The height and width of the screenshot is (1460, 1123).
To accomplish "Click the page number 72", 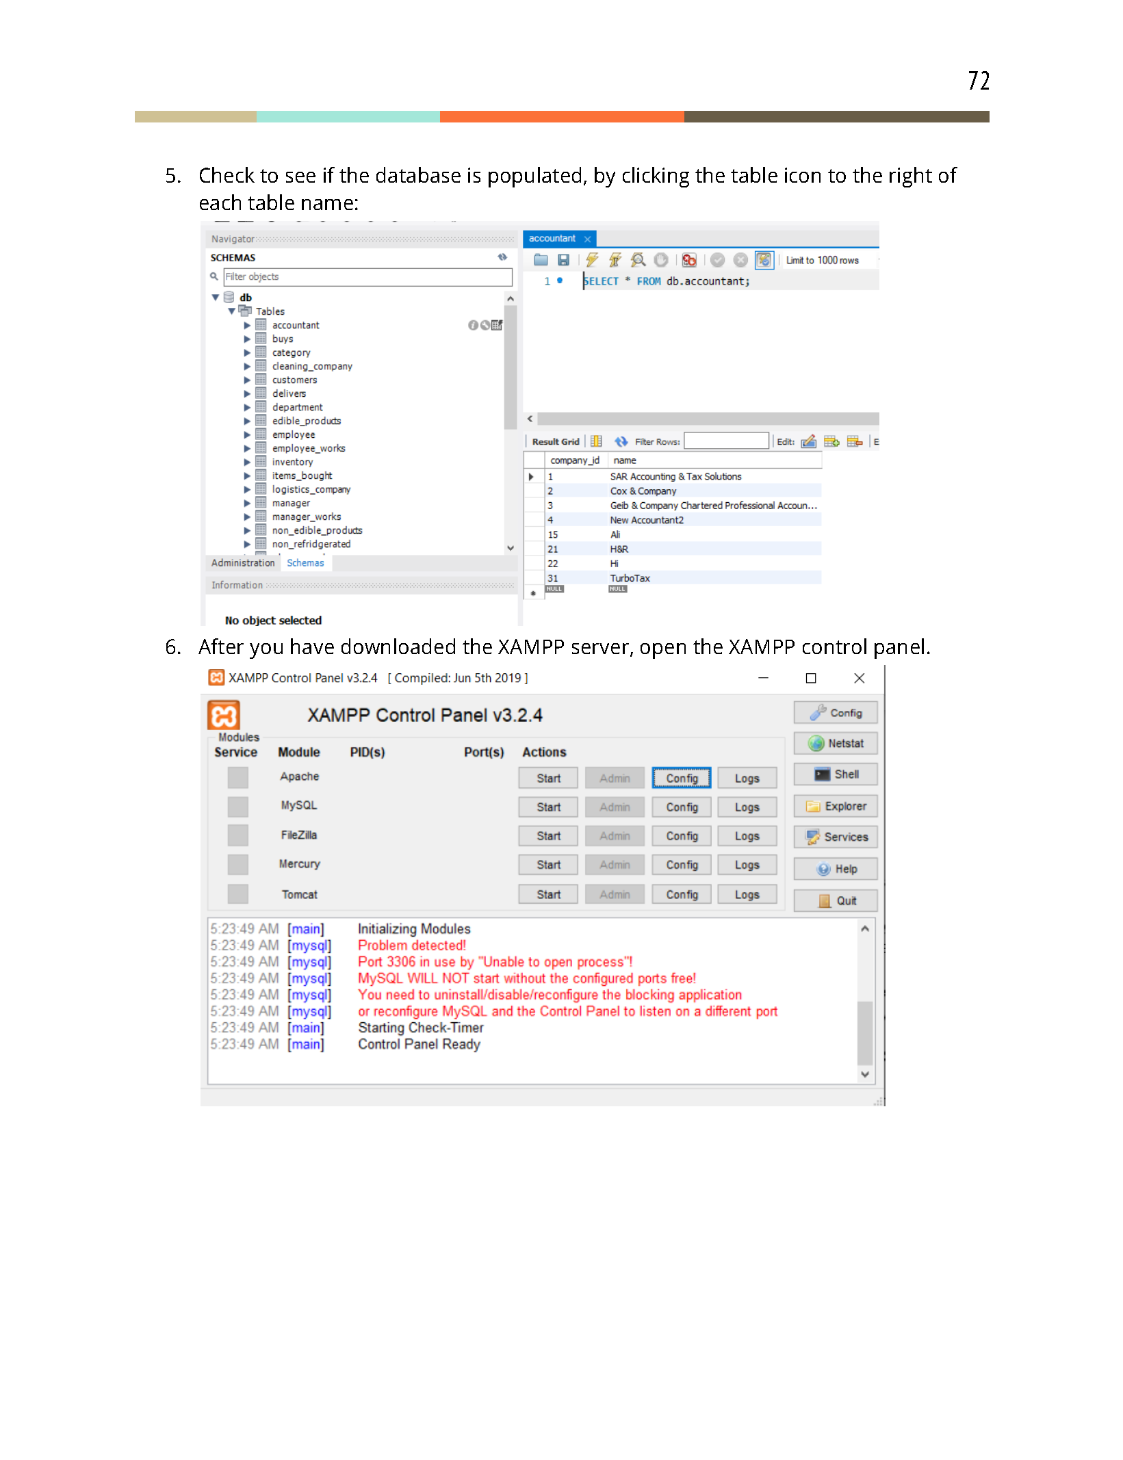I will point(978,81).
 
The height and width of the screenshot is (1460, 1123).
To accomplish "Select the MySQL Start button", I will point(547,807).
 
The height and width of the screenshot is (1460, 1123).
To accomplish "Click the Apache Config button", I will point(681,779).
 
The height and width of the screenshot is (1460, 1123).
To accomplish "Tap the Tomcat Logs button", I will point(747,895).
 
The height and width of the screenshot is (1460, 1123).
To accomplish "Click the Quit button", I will point(835,901).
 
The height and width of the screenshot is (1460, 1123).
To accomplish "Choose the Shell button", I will point(835,774).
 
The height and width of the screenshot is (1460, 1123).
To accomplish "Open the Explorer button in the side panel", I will point(835,807).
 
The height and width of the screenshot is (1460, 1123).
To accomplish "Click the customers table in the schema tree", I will point(294,380).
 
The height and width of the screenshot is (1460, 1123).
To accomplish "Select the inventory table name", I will point(292,462).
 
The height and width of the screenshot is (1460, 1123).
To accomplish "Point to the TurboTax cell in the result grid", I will point(630,579).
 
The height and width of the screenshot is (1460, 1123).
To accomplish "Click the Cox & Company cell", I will point(643,491).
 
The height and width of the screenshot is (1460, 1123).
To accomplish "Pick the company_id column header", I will point(574,461).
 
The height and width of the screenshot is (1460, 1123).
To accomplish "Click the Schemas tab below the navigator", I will point(305,563).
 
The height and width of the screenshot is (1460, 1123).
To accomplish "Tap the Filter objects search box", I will point(367,277).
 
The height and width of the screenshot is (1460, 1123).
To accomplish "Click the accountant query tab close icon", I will point(587,239).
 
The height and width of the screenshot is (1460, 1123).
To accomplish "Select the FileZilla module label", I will point(298,835).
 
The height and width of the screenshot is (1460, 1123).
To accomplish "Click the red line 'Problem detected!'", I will point(411,946).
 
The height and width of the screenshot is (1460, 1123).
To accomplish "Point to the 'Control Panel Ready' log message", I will point(419,1045).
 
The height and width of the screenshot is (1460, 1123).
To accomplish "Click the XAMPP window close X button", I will point(859,678).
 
